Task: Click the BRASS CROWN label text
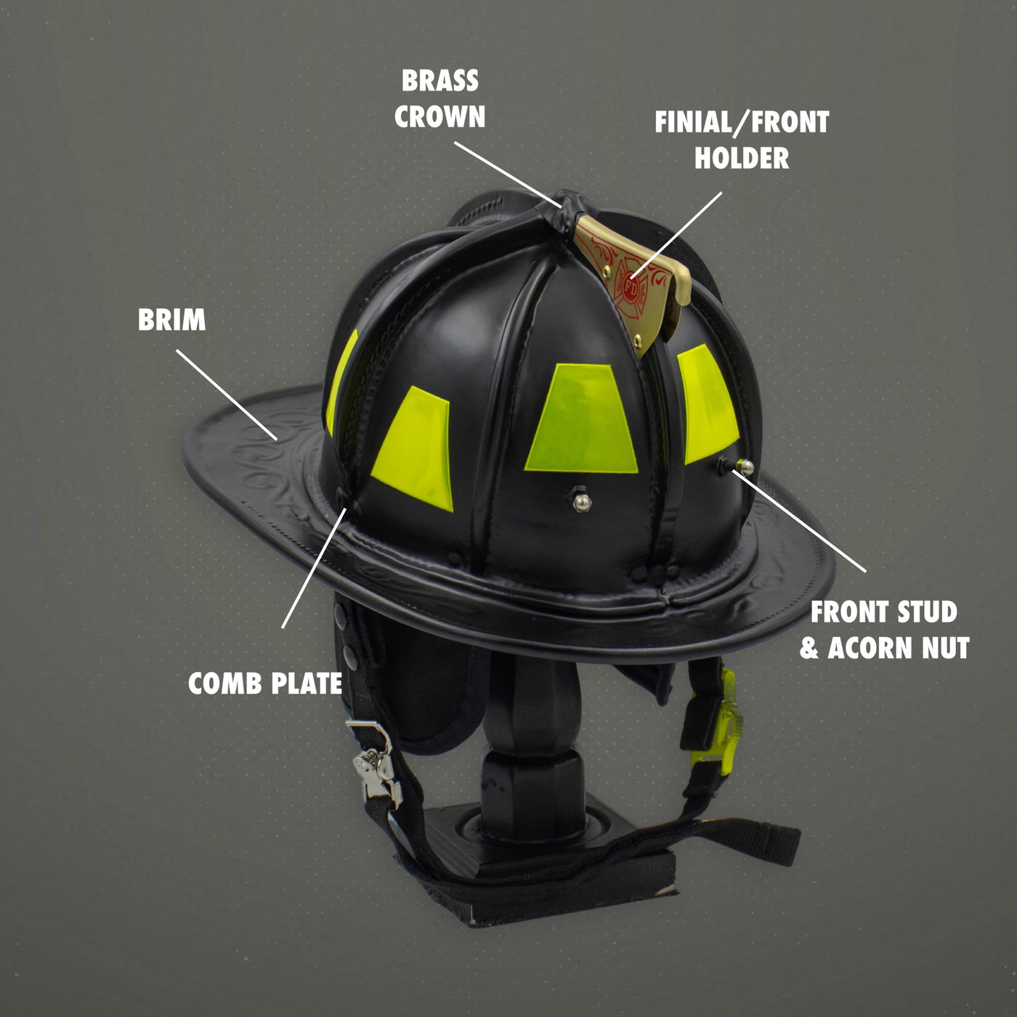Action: [440, 99]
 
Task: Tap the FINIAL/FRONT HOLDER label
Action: [742, 139]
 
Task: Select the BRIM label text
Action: [172, 320]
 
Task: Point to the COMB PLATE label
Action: [265, 684]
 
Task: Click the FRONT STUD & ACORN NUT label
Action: [884, 630]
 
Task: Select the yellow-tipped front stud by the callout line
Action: [744, 466]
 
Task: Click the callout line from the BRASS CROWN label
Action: [508, 174]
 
